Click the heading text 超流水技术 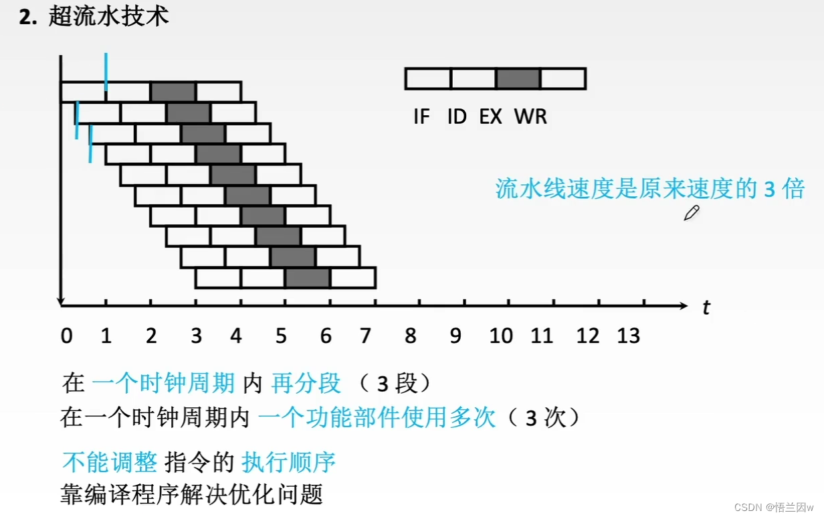pos(108,17)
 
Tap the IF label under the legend pos(421,117)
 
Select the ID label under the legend pos(457,117)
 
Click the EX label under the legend pos(491,117)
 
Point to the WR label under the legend pos(530,117)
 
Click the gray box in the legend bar pos(518,78)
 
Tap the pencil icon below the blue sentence pos(691,214)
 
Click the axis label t pos(706,308)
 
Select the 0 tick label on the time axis pos(66,336)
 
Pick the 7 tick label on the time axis pos(365,336)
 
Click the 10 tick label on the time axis pos(501,336)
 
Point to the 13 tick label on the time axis pos(629,336)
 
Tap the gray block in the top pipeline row pos(173,91)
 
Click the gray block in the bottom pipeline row pos(308,278)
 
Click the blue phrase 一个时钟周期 pos(163,383)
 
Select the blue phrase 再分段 pos(306,383)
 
